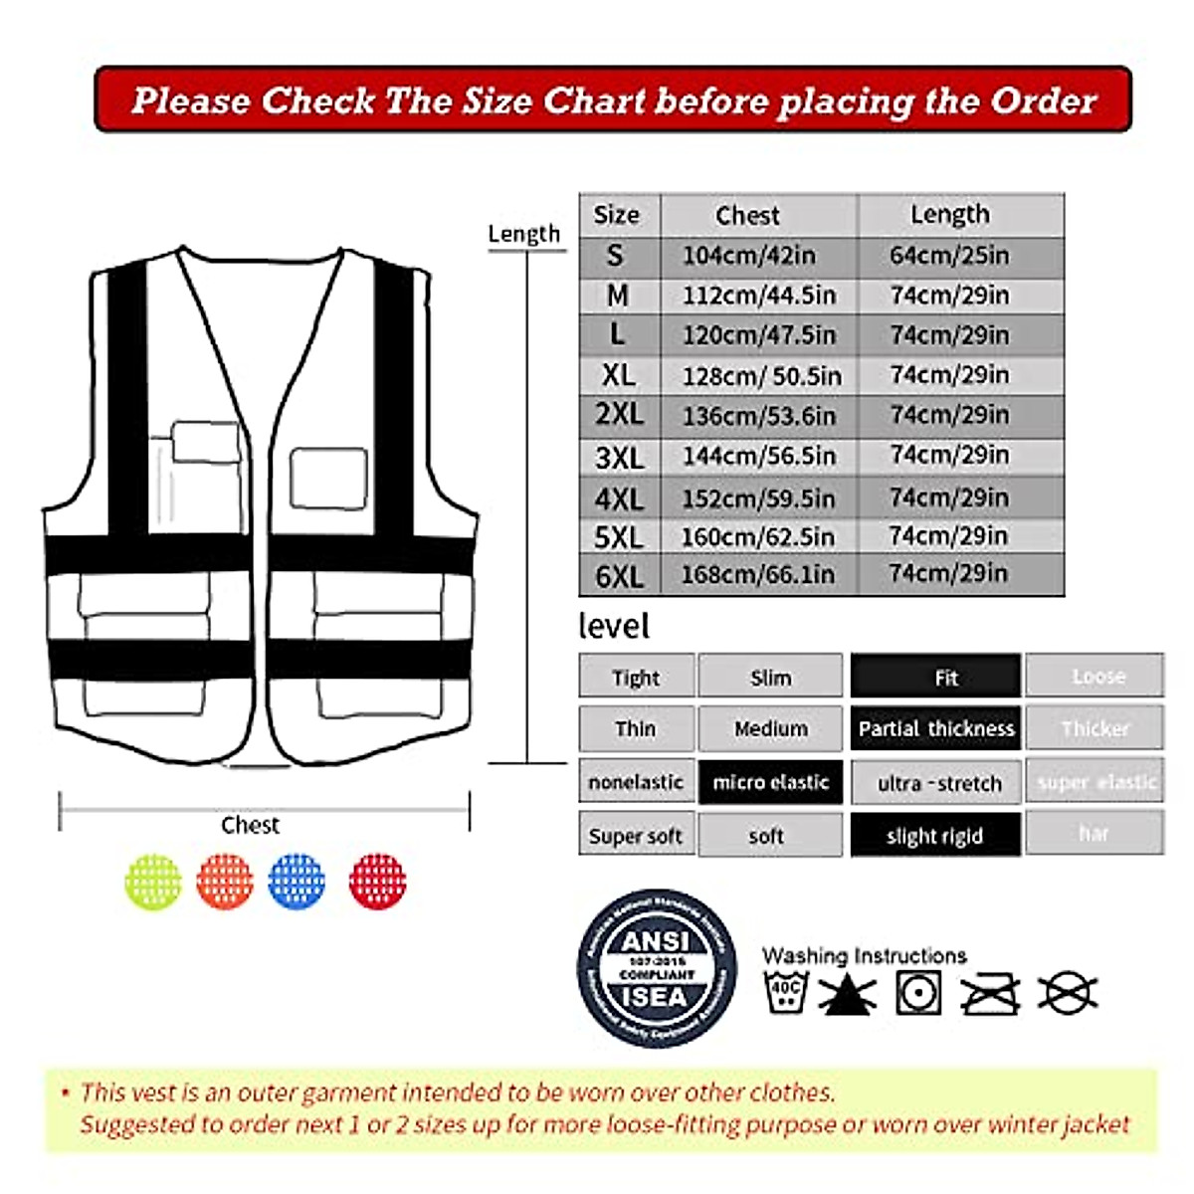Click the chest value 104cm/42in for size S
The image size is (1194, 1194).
pyautogui.click(x=748, y=256)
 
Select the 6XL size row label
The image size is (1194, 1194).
pyautogui.click(x=619, y=576)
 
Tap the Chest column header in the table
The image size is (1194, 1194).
pyautogui.click(x=747, y=215)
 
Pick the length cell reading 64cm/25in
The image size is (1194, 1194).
pyautogui.click(x=949, y=256)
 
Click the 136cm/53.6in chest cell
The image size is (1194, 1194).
pyautogui.click(x=758, y=416)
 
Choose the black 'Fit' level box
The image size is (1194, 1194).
pyautogui.click(x=935, y=678)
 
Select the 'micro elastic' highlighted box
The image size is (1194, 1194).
pyautogui.click(x=771, y=783)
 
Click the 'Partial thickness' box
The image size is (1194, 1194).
pyautogui.click(x=935, y=729)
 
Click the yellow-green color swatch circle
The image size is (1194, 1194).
pyautogui.click(x=153, y=881)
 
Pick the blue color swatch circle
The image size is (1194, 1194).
pyautogui.click(x=297, y=881)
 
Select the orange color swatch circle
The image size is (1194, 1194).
pyautogui.click(x=225, y=881)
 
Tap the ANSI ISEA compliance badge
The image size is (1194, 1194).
pyautogui.click(x=657, y=968)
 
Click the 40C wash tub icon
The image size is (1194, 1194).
pyautogui.click(x=785, y=992)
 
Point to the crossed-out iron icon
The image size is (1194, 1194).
pyautogui.click(x=990, y=993)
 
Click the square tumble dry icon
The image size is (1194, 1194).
pyautogui.click(x=918, y=993)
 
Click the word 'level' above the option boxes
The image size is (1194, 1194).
pyautogui.click(x=614, y=626)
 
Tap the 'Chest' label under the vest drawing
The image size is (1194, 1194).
pyautogui.click(x=250, y=825)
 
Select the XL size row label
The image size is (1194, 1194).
pyautogui.click(x=618, y=375)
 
